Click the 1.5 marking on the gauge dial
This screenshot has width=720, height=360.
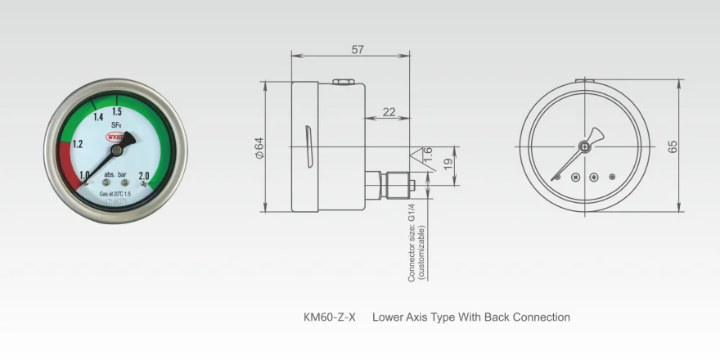pyautogui.click(x=117, y=111)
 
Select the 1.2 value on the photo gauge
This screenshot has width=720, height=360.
pyautogui.click(x=78, y=144)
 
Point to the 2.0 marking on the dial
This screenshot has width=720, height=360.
pyautogui.click(x=144, y=174)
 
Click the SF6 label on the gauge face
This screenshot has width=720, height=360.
pyautogui.click(x=116, y=125)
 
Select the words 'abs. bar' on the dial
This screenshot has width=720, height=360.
pyautogui.click(x=115, y=175)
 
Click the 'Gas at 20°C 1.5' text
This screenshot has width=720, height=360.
pyautogui.click(x=115, y=193)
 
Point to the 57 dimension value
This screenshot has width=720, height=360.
pyautogui.click(x=358, y=50)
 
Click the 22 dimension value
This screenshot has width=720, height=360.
pyautogui.click(x=389, y=111)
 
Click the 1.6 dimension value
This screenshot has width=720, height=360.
pyautogui.click(x=427, y=154)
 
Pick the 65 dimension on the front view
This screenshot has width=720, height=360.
pyautogui.click(x=673, y=146)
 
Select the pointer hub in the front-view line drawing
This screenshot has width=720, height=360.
pyautogui.click(x=584, y=146)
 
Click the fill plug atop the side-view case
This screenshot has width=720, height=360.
pyautogui.click(x=344, y=81)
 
